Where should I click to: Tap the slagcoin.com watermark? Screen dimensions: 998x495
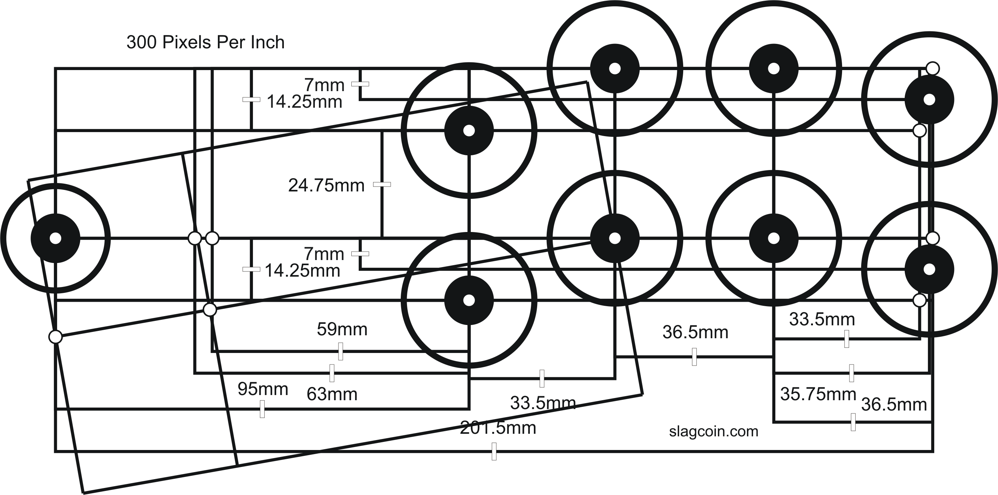click(714, 432)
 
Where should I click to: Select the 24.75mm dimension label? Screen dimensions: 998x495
click(326, 186)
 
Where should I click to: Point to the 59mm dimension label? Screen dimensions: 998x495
click(342, 329)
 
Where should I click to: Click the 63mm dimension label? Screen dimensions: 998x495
click(332, 395)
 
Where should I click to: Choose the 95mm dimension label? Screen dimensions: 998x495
click(262, 389)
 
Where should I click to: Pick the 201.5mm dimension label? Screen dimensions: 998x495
click(498, 428)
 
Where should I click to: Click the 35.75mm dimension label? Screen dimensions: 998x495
click(818, 394)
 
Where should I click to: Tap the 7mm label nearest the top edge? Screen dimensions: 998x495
click(324, 85)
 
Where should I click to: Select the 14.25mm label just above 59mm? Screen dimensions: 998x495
click(302, 271)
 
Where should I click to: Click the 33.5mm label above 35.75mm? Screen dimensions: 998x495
click(822, 319)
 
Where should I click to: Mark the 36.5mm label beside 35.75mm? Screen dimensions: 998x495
click(894, 405)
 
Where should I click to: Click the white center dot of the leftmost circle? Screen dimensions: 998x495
click(55, 238)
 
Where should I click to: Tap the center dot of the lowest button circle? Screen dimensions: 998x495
click(469, 300)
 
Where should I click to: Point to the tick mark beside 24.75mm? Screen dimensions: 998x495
click(382, 184)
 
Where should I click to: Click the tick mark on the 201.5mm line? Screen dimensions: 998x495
click(494, 451)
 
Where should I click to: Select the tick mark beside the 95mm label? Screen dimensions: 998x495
click(262, 409)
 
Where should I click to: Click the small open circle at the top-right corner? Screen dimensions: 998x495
click(932, 68)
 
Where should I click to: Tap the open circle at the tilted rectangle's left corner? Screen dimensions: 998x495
click(55, 337)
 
